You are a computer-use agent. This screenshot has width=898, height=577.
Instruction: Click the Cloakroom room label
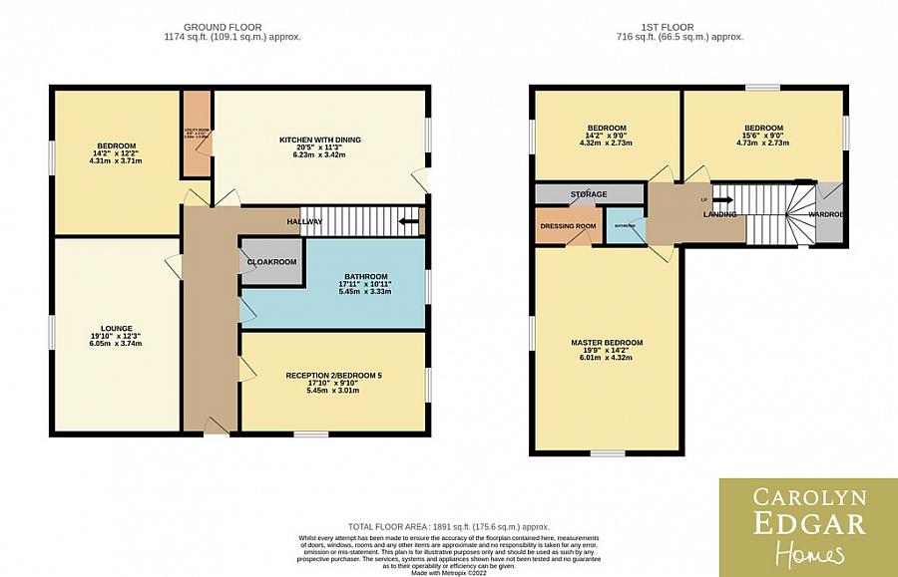click(x=271, y=262)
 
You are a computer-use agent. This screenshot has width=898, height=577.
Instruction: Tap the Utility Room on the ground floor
click(x=196, y=134)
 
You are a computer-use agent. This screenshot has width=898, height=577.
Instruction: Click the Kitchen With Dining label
click(x=319, y=140)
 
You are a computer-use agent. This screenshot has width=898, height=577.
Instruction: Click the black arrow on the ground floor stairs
click(x=407, y=221)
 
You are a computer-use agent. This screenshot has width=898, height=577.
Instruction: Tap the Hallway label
click(x=304, y=221)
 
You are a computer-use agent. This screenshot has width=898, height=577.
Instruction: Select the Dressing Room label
click(x=568, y=226)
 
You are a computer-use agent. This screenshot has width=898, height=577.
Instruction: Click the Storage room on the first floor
click(x=588, y=193)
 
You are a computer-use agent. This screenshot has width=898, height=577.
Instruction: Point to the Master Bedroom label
click(x=607, y=343)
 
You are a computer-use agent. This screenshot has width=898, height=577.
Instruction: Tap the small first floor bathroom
click(x=626, y=226)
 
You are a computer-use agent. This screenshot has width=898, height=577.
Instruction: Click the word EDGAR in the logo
click(x=808, y=524)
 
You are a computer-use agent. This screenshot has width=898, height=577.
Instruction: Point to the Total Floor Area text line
click(x=448, y=527)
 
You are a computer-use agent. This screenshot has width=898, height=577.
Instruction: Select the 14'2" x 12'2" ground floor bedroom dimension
click(x=110, y=152)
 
